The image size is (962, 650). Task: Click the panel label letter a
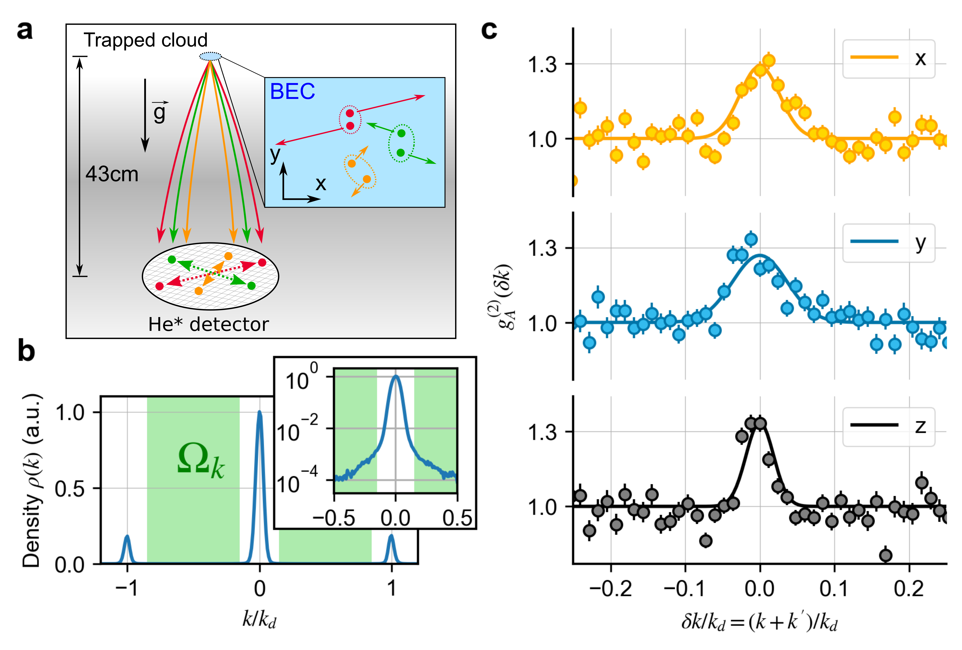point(25,31)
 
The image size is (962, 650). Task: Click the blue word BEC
point(292,92)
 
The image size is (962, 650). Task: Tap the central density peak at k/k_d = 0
point(260,414)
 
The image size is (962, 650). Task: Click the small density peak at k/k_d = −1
point(127,538)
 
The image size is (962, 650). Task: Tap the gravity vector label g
point(160,112)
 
